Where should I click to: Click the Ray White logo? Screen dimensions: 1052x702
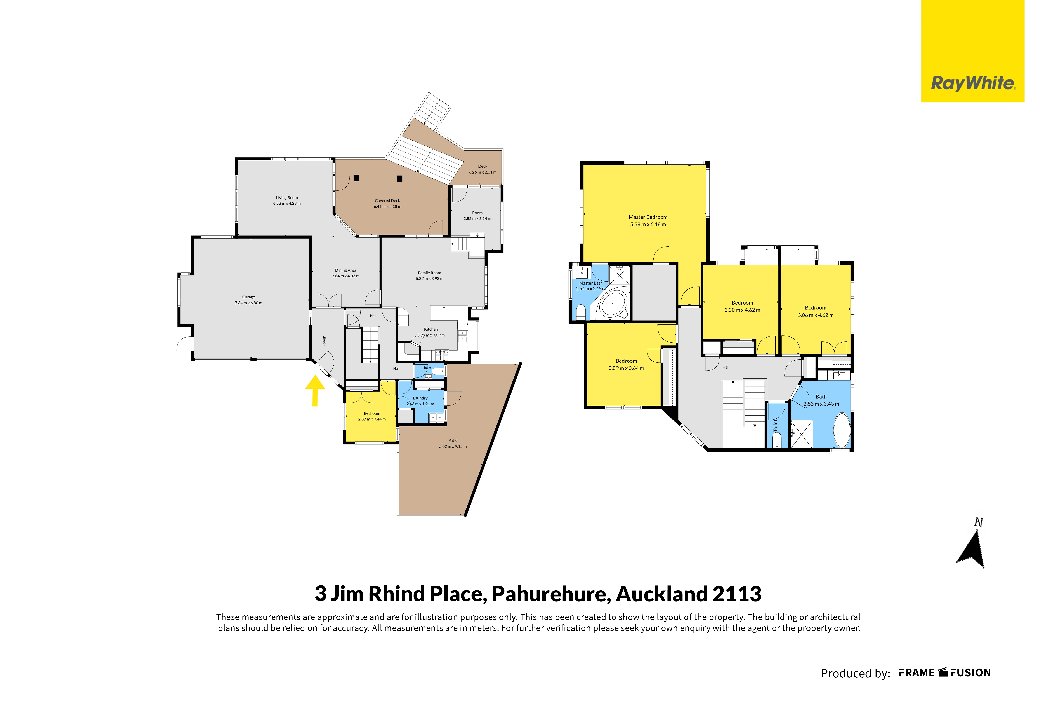(973, 51)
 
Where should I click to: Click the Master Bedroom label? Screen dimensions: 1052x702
(648, 217)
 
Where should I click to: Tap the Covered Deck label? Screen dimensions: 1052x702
(387, 200)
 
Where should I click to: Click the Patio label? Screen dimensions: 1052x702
(453, 441)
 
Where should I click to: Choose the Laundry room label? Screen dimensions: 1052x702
(420, 398)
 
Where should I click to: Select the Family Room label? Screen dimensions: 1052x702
(430, 273)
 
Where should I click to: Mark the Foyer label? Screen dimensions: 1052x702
(325, 341)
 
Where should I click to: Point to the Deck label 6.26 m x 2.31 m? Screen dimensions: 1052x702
(482, 169)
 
